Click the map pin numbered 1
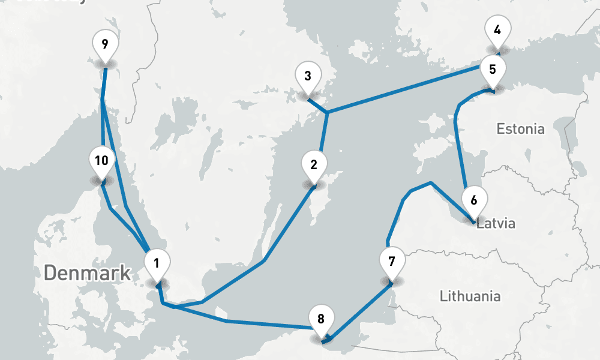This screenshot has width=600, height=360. click(157, 263)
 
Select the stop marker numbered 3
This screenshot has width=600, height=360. click(308, 77)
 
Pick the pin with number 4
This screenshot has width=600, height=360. click(497, 29)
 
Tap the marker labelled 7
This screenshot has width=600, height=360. click(392, 262)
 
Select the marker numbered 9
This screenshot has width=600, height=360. click(105, 44)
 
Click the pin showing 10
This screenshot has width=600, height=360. click(101, 161)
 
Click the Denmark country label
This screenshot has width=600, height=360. click(88, 273)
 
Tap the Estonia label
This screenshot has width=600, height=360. click(521, 129)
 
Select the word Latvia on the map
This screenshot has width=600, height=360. click(496, 224)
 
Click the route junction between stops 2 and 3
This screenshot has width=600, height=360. click(326, 113)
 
